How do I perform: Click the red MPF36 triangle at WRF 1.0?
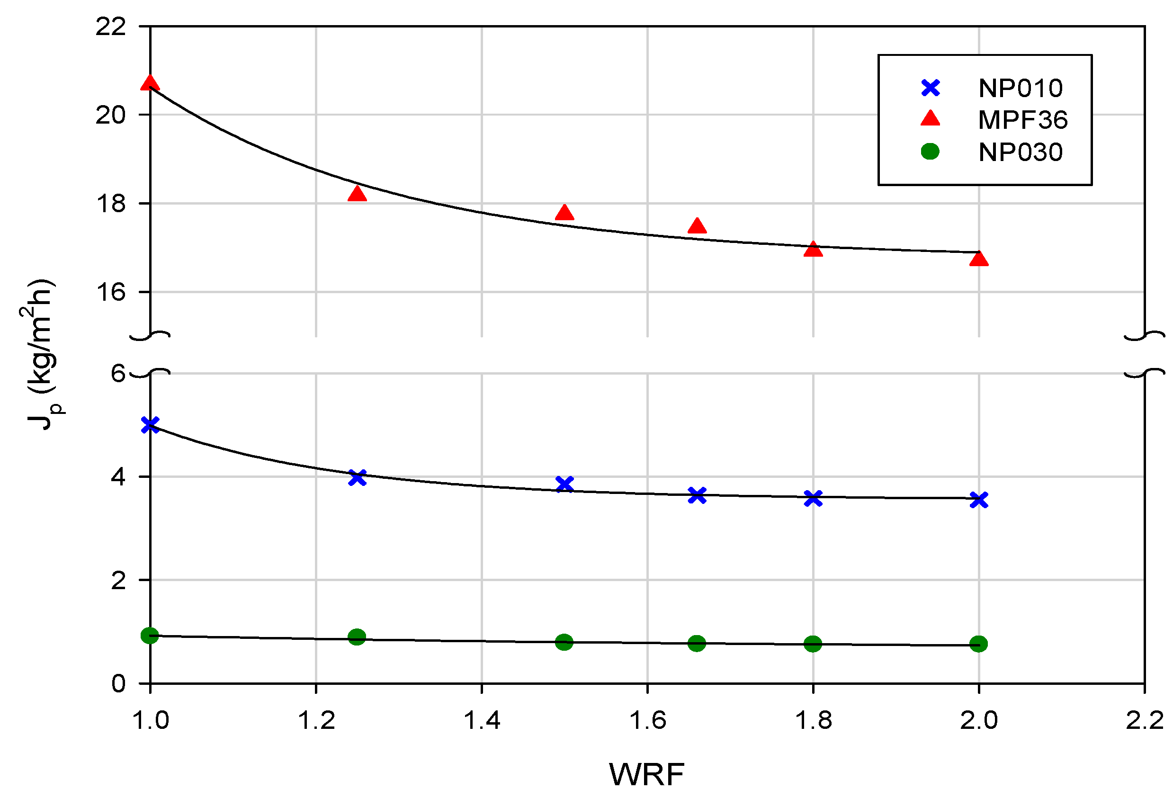pos(150,83)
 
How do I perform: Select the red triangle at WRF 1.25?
pos(357,194)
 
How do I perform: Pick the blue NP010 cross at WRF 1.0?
pos(150,425)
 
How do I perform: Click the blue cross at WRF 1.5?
pos(564,484)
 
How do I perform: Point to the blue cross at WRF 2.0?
pos(978,500)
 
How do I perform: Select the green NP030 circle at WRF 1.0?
pos(150,636)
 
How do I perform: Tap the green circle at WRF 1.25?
pos(357,637)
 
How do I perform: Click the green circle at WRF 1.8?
pos(813,644)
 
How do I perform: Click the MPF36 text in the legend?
pos(1022,120)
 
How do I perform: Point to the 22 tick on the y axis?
pos(110,27)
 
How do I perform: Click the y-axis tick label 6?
pos(118,374)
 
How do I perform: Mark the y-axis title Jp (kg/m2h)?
pos(42,354)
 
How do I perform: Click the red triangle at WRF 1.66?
pos(697,226)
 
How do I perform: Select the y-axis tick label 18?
pos(110,204)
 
